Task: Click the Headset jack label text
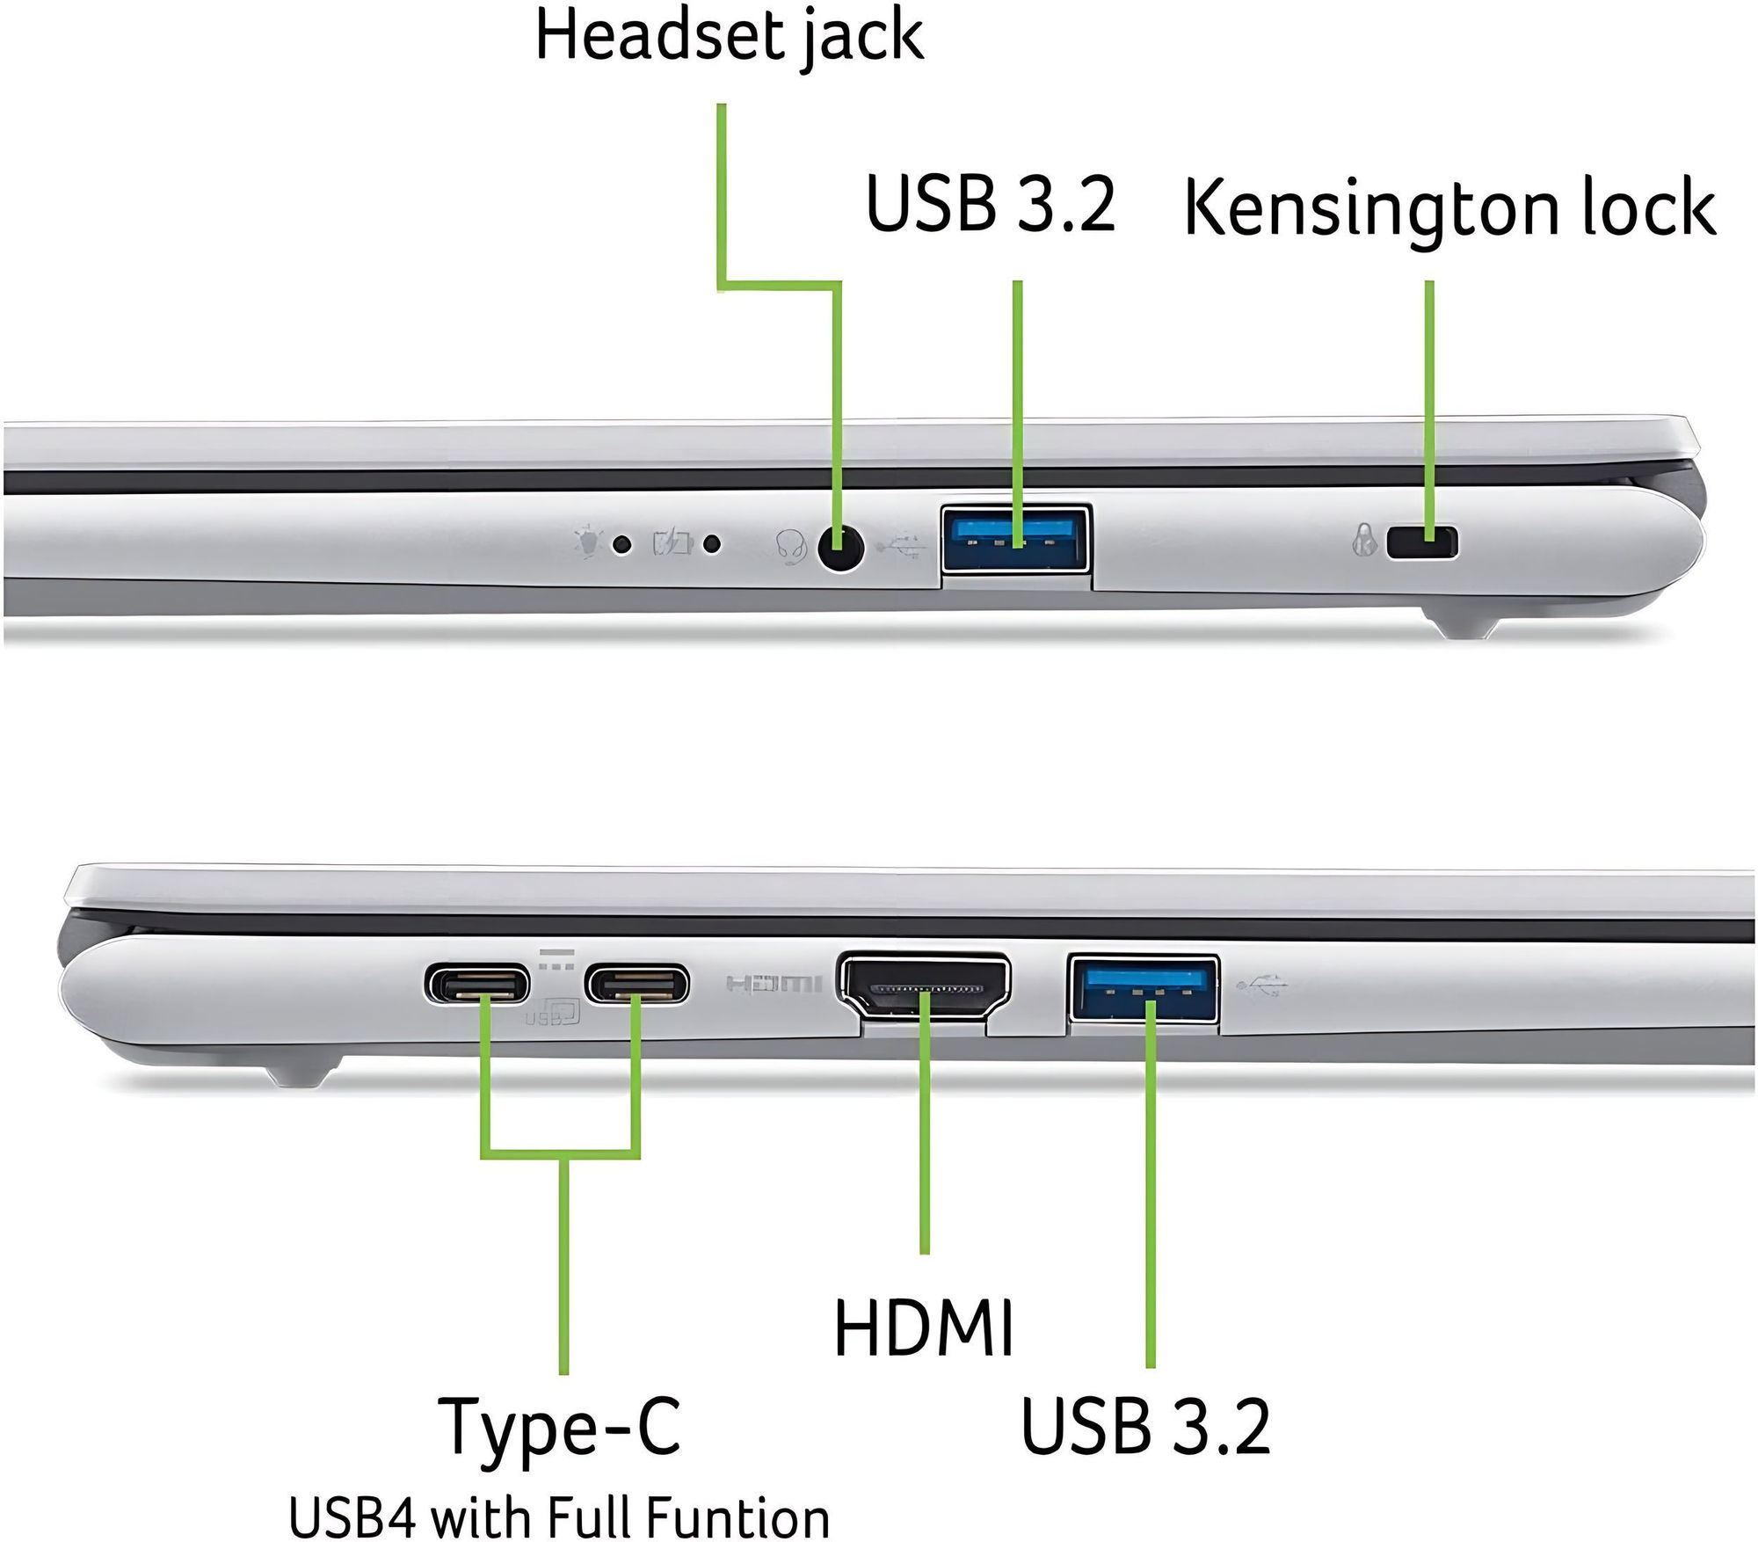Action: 730,37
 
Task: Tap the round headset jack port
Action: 840,549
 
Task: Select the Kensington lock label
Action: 1449,208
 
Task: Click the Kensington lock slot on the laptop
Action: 1421,542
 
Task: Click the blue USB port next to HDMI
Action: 1144,988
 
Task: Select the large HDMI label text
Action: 923,1327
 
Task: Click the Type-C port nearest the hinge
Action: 478,984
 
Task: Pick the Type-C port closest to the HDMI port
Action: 637,984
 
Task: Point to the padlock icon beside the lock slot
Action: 1364,541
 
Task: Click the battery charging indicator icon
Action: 672,542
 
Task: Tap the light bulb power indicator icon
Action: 586,542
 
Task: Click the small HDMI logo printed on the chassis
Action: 774,983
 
